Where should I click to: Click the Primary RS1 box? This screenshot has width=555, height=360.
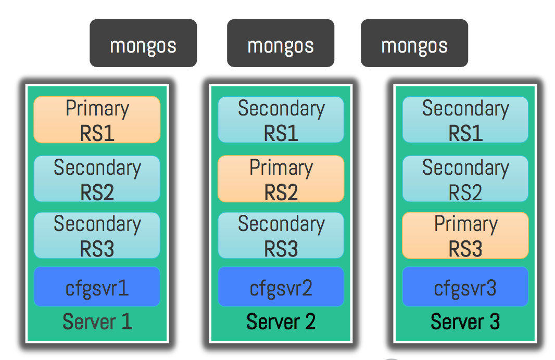tap(97, 120)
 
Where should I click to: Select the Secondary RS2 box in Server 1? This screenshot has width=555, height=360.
tap(97, 178)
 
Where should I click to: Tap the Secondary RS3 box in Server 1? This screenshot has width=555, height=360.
tap(97, 235)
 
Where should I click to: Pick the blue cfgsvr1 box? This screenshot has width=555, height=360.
tap(97, 287)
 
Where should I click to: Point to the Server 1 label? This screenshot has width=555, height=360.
tap(97, 322)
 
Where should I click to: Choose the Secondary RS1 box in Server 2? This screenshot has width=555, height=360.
tap(281, 120)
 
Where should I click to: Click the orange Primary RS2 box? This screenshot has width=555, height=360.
tap(281, 178)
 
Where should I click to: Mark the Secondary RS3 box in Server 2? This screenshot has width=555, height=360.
tap(281, 235)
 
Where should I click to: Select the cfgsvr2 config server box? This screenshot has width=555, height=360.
tap(281, 287)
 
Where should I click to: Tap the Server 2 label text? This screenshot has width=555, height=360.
tap(281, 322)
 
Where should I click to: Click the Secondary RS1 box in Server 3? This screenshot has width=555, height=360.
tap(465, 120)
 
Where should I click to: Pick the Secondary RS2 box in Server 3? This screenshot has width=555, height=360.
tap(465, 178)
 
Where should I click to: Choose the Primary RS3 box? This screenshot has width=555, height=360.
tap(465, 235)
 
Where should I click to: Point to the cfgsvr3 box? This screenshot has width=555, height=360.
tap(465, 287)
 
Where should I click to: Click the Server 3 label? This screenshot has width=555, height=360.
tap(465, 322)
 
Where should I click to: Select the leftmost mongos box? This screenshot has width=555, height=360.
tap(143, 43)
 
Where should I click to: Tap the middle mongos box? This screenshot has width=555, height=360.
tap(281, 43)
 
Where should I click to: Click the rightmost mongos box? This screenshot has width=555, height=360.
tap(414, 43)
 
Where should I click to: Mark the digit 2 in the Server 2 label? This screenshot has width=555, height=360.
tap(310, 322)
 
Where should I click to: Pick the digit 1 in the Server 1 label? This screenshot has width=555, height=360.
tap(127, 322)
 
